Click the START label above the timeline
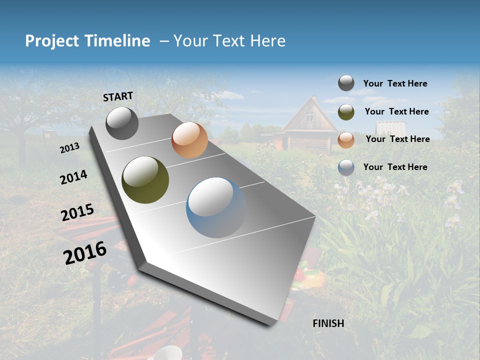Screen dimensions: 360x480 [x=118, y=96]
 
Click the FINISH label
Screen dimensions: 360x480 [x=328, y=323]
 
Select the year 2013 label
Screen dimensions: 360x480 [x=69, y=148]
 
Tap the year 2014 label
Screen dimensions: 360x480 [x=73, y=177]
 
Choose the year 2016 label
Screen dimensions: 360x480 [x=85, y=253]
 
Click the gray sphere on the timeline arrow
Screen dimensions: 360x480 [x=122, y=123]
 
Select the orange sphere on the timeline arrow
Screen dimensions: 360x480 [x=189, y=140]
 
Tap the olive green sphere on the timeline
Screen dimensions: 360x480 [x=145, y=180]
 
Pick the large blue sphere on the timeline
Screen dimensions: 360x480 [x=216, y=207]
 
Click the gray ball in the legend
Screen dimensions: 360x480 [x=346, y=83]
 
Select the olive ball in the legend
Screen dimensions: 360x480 [x=346, y=112]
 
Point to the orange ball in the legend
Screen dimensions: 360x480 [x=346, y=140]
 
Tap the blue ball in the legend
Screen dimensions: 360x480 [x=346, y=167]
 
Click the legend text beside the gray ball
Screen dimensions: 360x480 [x=395, y=84]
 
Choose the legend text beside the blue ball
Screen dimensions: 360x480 [x=395, y=167]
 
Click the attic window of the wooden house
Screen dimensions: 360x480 [x=310, y=116]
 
